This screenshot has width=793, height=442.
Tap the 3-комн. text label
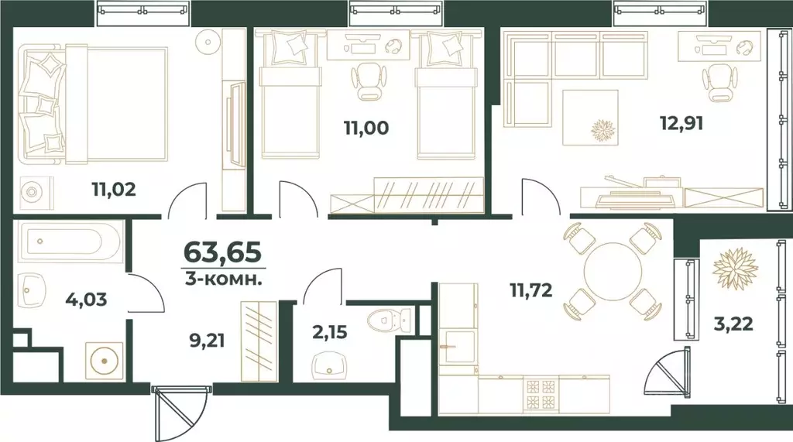tap(221, 279)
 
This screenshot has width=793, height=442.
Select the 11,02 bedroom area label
tap(113, 189)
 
